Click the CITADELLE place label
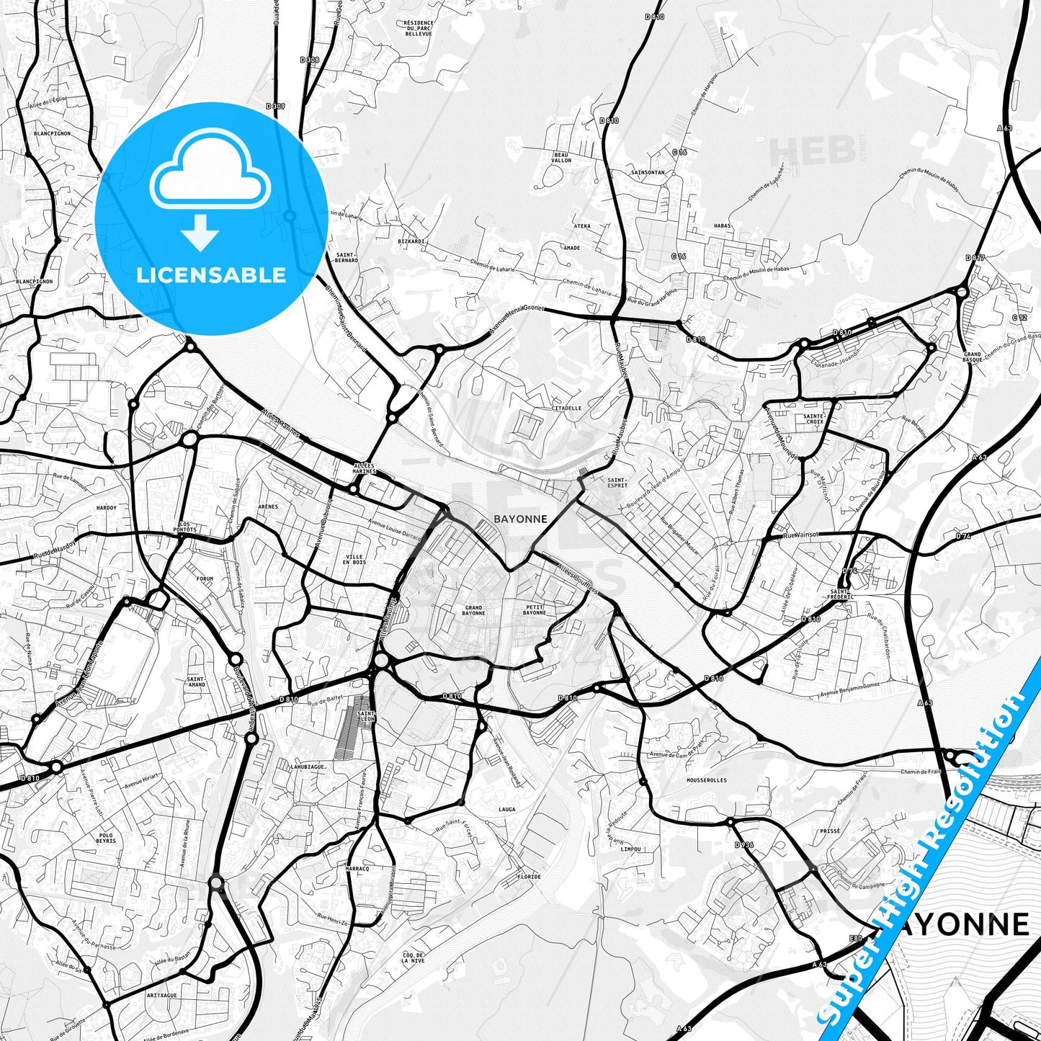566,408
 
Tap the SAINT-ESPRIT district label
617,482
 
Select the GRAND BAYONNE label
473,610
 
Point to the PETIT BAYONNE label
535,610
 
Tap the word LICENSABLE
211,274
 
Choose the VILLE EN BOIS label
354,559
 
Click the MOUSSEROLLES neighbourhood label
707,780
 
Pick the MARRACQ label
357,869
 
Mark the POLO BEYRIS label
105,838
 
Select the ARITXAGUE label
161,996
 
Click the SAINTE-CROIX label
813,418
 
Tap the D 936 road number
743,844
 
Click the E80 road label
856,938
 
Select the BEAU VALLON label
561,157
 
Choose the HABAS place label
722,225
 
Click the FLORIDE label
530,877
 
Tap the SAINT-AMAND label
196,681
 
